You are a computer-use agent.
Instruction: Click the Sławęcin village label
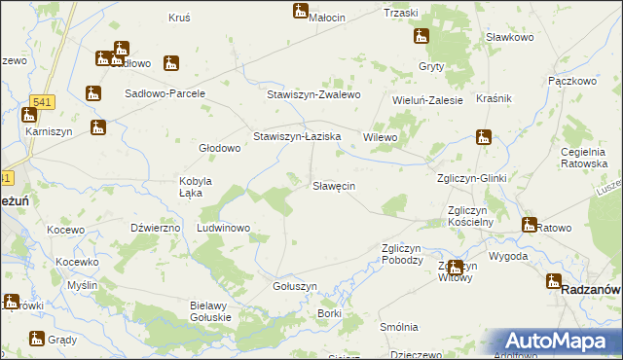tap(333, 185)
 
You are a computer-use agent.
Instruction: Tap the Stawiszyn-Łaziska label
tap(296, 137)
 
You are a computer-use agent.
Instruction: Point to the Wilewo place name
tap(381, 138)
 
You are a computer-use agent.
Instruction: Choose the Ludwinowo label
tap(224, 228)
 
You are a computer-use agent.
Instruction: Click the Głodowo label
tap(219, 148)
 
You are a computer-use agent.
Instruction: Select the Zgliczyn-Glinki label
tap(471, 177)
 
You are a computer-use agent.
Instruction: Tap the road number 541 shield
tap(41, 101)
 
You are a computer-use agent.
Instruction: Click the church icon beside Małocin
tap(300, 11)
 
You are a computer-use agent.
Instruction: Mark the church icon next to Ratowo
tap(529, 226)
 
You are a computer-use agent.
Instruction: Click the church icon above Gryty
tap(421, 37)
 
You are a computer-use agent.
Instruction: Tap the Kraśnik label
tap(495, 99)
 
